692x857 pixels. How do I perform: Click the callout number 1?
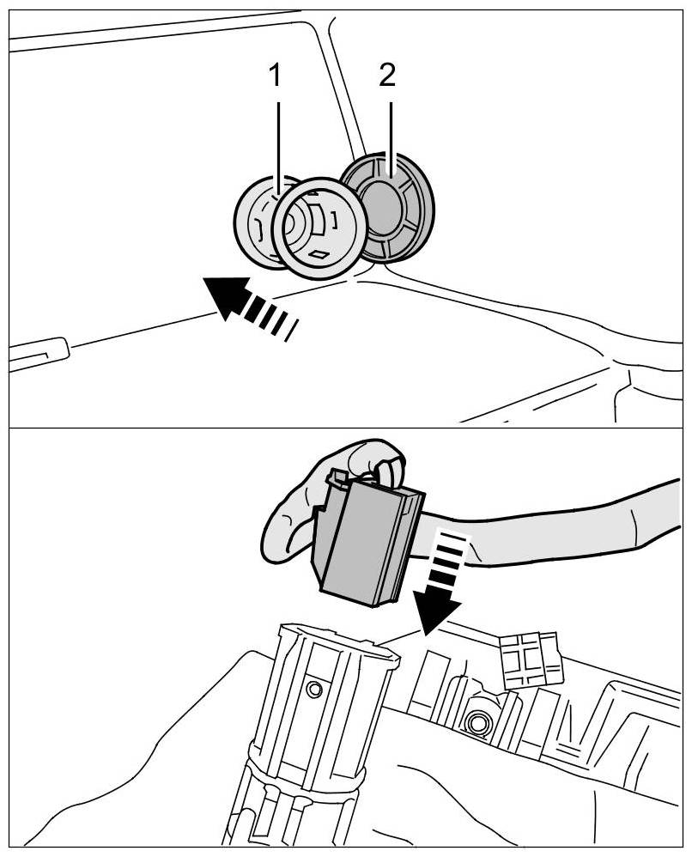tap(275, 76)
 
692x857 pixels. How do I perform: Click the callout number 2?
tap(387, 76)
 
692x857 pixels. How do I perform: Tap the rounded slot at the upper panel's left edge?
tap(38, 353)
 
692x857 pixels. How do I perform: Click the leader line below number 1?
tap(276, 137)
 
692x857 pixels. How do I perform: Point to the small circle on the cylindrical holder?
tap(313, 687)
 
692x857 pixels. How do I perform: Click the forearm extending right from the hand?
tap(584, 524)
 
